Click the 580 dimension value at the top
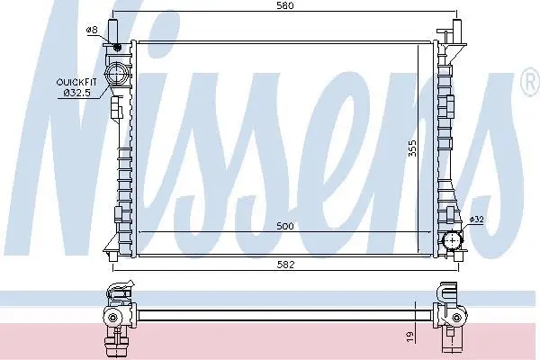[285, 5]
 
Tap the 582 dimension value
[286, 265]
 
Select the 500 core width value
[285, 226]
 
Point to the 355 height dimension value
[412, 148]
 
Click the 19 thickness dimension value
[409, 337]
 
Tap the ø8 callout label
[92, 30]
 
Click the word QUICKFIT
[76, 82]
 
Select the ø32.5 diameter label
[77, 93]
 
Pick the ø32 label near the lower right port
[477, 220]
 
